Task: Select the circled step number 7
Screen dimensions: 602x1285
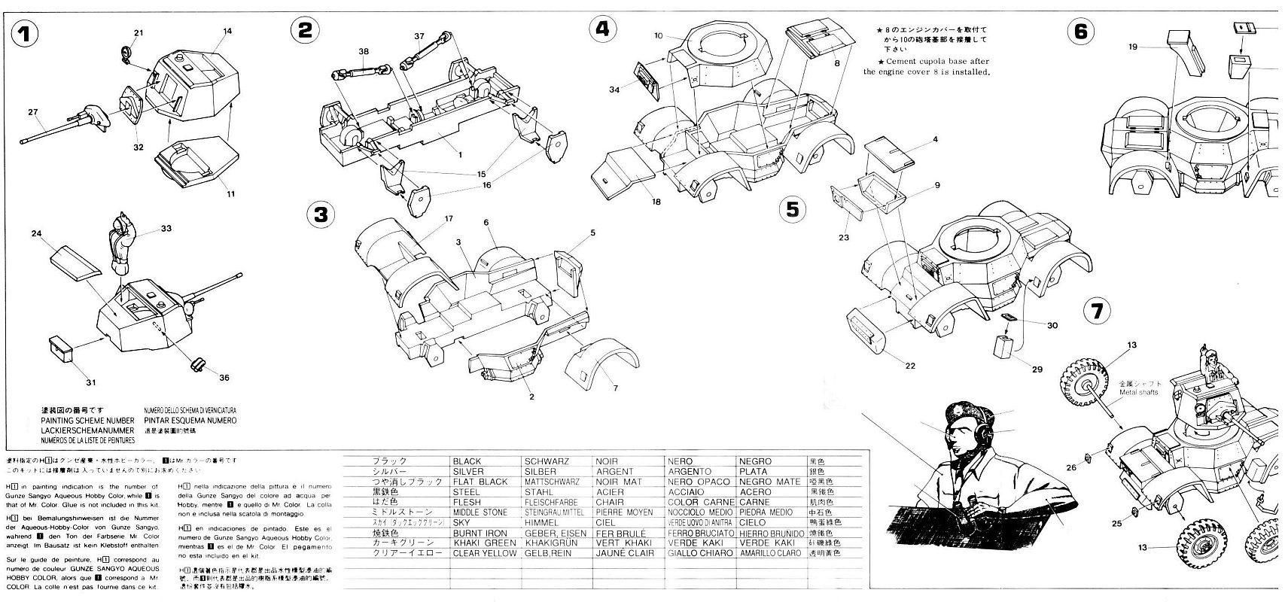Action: pos(1098,311)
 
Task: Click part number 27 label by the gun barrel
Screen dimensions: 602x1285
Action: pos(33,113)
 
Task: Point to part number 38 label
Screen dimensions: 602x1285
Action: pos(364,52)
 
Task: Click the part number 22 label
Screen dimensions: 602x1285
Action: pos(910,366)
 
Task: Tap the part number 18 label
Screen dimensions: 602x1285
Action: pos(657,202)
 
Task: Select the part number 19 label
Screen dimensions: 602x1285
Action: pos(1132,47)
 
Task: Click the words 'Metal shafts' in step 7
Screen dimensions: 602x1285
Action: pos(1140,392)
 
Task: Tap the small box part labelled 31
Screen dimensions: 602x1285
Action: pos(62,348)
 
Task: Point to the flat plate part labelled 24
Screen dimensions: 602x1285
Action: pos(75,260)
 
